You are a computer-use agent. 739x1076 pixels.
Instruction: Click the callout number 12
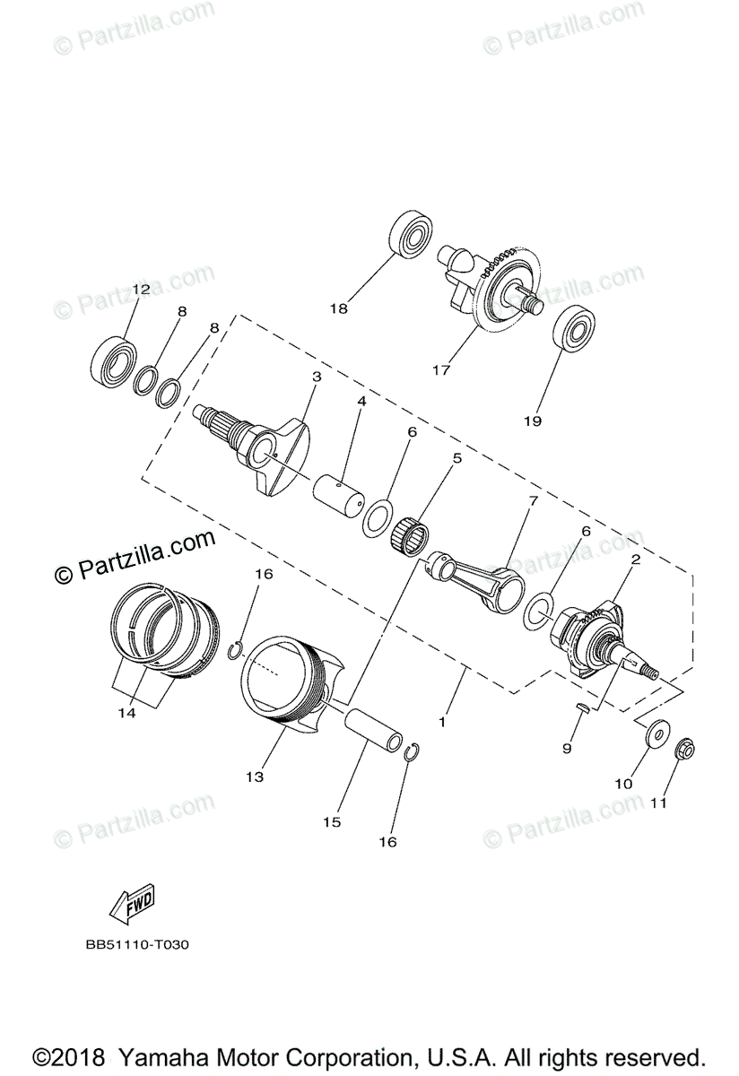141,290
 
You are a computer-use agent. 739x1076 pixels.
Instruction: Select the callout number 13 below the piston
256,777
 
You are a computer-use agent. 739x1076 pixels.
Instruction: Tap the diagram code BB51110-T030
139,944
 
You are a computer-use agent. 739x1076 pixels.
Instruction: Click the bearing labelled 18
411,236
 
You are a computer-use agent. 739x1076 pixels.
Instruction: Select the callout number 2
635,559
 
